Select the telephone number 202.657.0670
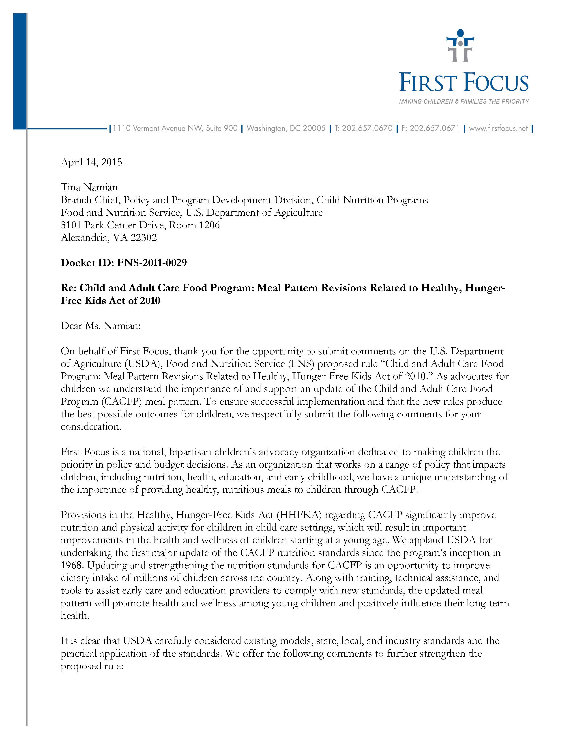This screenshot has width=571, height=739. point(367,129)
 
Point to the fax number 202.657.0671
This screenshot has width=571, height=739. point(434,129)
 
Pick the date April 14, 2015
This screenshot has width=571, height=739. point(91,162)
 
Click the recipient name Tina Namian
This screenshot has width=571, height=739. point(89,187)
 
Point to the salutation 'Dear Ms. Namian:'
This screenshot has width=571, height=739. point(101,326)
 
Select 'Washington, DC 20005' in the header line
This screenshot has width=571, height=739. point(286,129)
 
